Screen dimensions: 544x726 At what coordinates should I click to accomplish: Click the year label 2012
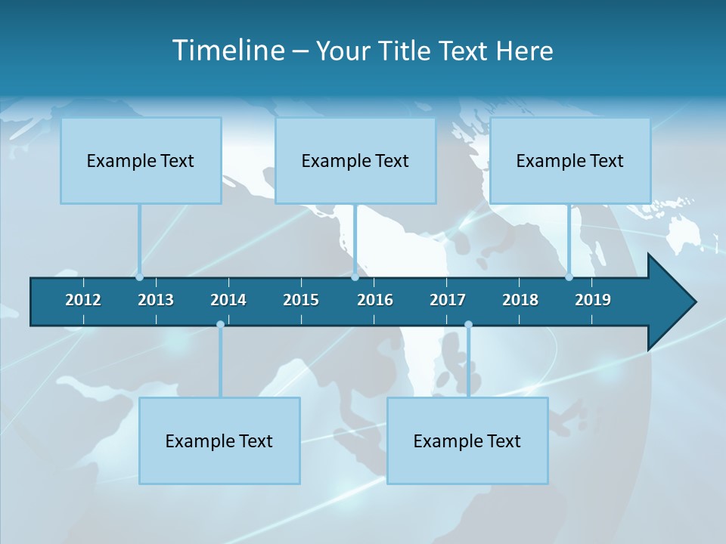tap(83, 300)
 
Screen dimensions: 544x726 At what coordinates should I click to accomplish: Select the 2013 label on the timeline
tap(156, 300)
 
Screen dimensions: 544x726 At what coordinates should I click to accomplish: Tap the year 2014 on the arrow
tap(228, 300)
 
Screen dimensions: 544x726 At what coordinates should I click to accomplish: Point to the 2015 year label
tap(301, 300)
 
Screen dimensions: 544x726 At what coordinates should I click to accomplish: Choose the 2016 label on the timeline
tap(375, 300)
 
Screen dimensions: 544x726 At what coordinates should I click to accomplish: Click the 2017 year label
tap(448, 300)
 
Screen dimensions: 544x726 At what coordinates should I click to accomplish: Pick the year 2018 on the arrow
tap(520, 300)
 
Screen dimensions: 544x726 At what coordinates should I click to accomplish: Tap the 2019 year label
tap(593, 300)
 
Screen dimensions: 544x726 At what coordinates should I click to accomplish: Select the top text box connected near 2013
tap(141, 161)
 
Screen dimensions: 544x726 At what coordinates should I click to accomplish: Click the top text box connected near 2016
tap(355, 161)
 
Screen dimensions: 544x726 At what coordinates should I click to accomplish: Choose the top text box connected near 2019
tap(570, 161)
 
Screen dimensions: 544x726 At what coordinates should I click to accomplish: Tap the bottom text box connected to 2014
tap(219, 441)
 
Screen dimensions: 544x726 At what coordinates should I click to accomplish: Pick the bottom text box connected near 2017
tap(467, 441)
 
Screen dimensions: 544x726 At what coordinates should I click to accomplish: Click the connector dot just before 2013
tap(140, 277)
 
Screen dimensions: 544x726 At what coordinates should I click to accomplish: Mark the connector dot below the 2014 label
tap(220, 325)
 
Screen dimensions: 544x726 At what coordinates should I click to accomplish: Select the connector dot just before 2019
tap(569, 277)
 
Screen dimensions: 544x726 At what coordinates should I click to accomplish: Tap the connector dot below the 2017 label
tap(468, 325)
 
